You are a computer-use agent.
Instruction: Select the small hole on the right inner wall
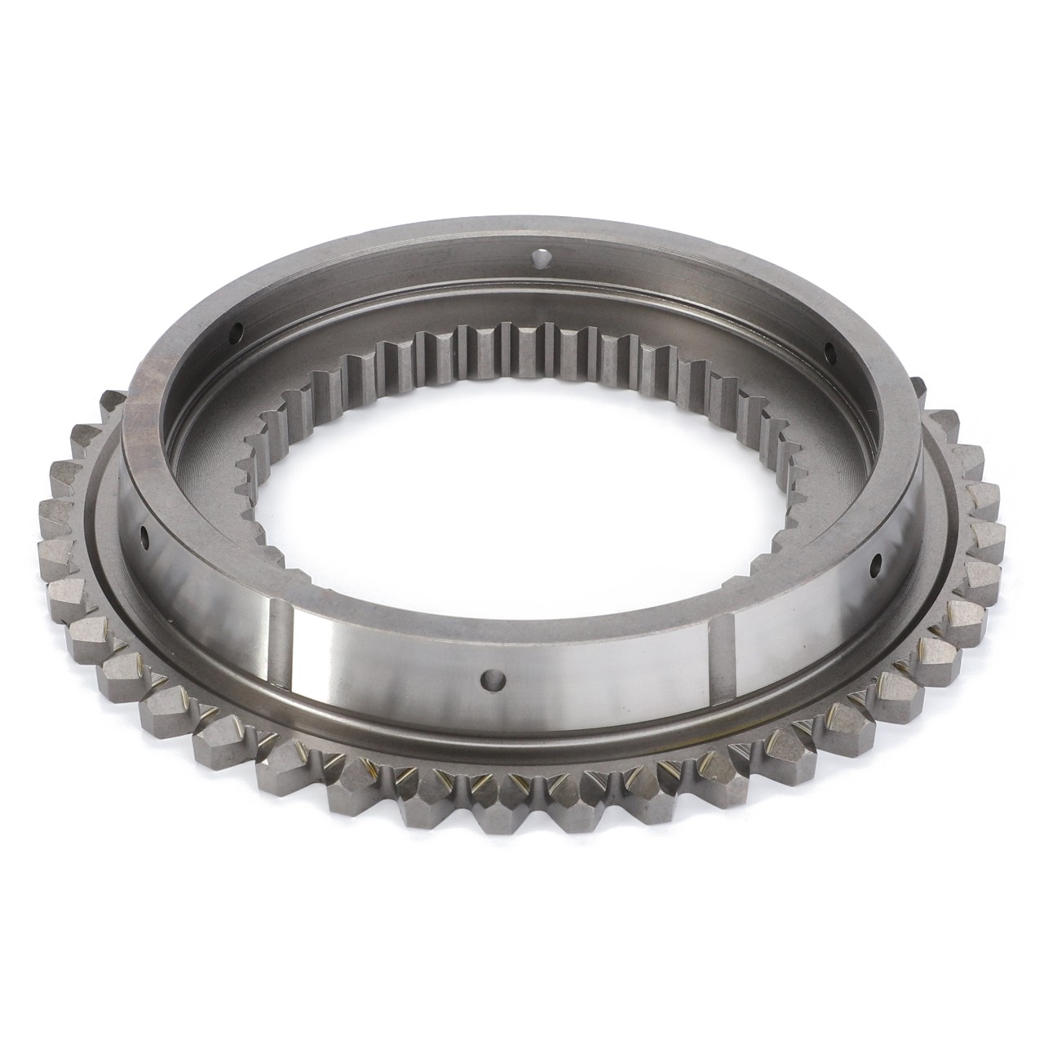point(830,352)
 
